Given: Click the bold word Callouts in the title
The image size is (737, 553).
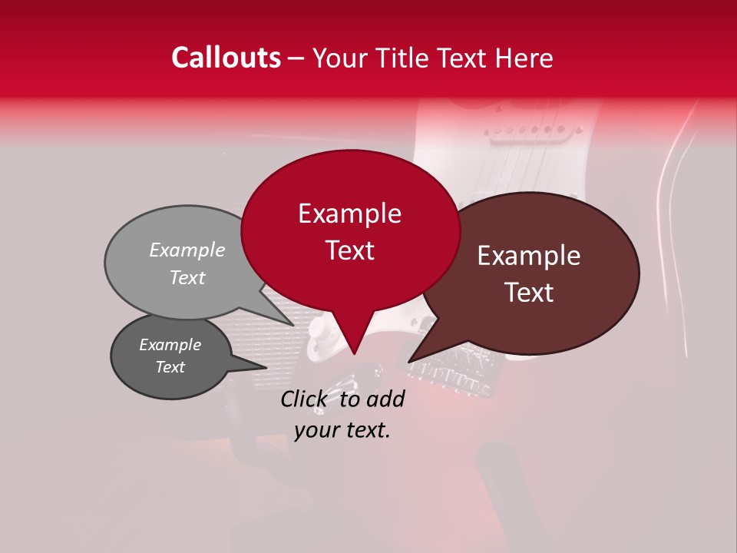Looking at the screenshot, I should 226,58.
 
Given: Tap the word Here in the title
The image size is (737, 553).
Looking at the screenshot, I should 525,58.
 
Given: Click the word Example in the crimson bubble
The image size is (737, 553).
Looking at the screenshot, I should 349,214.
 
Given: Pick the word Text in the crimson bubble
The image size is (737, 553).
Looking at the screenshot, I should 349,250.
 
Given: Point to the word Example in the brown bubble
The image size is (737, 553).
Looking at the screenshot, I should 529,256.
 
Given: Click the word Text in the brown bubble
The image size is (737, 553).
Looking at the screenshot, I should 529,293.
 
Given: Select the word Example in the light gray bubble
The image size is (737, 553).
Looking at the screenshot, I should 187,250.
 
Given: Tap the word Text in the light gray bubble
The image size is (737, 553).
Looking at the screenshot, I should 187,278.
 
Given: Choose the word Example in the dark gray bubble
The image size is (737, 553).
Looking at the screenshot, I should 170,345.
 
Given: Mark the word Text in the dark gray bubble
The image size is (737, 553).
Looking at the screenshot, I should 170,367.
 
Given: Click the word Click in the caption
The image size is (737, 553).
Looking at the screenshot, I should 305,399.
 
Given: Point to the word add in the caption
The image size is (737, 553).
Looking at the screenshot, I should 385,399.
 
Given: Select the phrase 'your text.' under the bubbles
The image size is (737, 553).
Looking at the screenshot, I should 342,430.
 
